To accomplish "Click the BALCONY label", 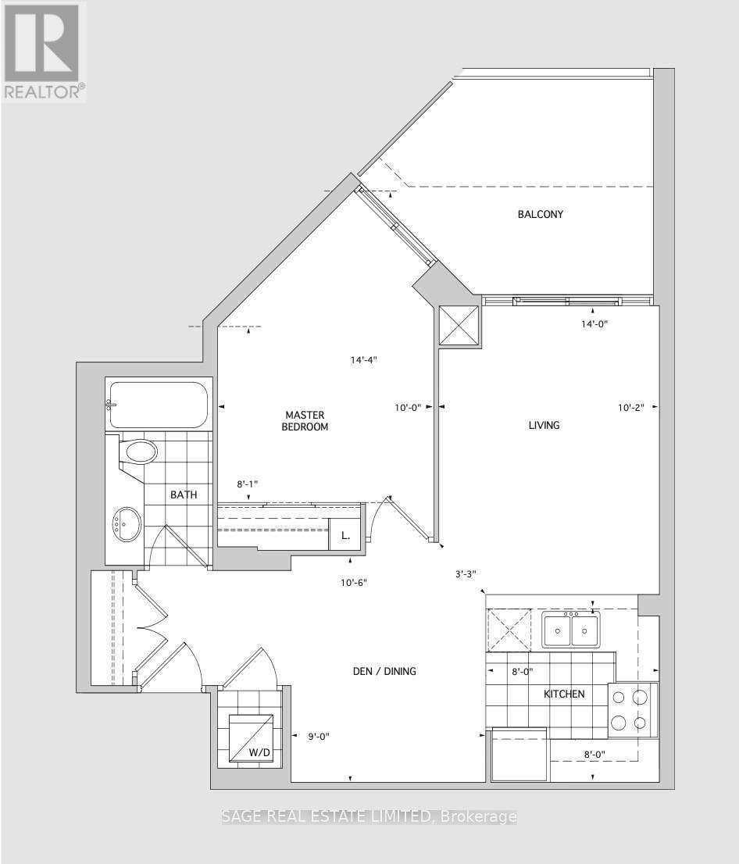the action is coord(540,214).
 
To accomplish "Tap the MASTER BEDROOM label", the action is coord(305,420).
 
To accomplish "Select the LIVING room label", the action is coord(544,425).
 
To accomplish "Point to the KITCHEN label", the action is coord(564,694).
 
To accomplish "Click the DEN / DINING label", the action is coord(384,671).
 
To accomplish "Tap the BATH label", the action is coord(184,494).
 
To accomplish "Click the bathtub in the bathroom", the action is coord(159,405).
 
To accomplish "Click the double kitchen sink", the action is coord(570,630).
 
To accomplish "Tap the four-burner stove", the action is coord(633,710).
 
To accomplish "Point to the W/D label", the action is coord(259,752).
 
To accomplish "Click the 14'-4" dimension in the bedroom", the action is coord(364,360).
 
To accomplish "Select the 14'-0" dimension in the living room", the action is coord(594,324).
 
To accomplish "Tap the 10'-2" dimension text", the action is coord(631,408).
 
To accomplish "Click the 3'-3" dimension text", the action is coord(466,573).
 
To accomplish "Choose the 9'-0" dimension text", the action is coord(319,736).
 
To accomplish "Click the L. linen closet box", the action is coord(345,534).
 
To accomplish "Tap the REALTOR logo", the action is coord(44,52).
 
